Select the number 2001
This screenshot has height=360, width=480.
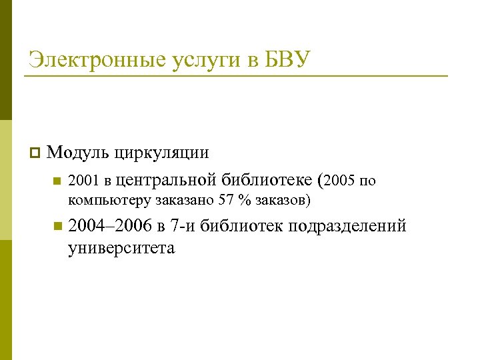click(83, 180)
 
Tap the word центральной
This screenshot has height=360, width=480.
click(166, 180)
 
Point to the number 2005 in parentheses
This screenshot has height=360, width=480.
click(342, 180)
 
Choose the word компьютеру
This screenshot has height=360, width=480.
click(109, 199)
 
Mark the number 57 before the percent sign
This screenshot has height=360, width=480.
click(227, 199)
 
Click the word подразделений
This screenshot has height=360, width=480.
click(347, 227)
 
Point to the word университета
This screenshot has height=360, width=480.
click(121, 249)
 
